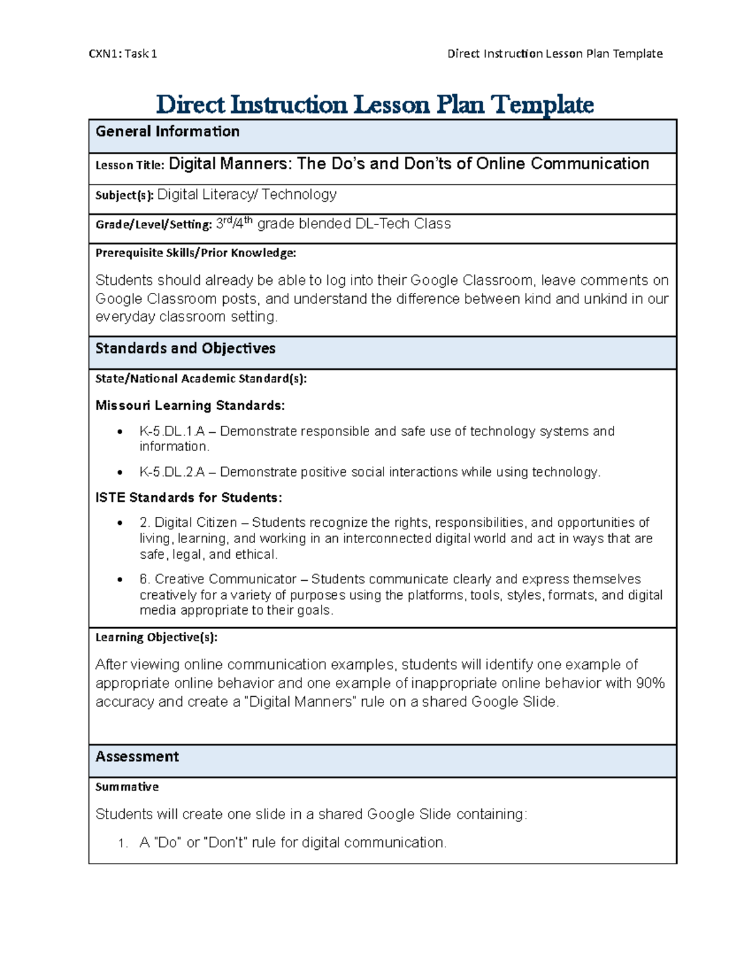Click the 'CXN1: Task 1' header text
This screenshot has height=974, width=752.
(123, 54)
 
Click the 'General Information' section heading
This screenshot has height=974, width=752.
(167, 132)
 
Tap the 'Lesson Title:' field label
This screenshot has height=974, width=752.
(130, 166)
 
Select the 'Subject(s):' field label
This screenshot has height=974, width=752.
(124, 196)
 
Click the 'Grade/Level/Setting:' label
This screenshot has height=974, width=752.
(154, 225)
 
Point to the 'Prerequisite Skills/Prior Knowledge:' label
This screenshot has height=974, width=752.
(196, 253)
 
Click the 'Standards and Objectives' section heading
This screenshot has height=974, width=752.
(185, 349)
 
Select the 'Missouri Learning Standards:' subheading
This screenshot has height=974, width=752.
(190, 406)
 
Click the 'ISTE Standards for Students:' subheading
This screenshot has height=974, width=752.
(189, 498)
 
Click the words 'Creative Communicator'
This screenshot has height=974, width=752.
(226, 580)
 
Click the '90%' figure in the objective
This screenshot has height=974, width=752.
(650, 684)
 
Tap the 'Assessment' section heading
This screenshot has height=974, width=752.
(137, 757)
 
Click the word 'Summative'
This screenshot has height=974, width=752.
(127, 787)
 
